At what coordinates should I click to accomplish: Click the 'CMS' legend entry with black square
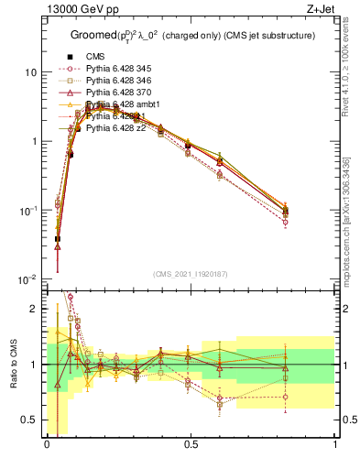point(94,57)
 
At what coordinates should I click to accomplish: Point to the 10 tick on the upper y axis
point(31,72)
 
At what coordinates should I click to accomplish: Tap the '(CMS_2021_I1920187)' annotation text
point(191,273)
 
